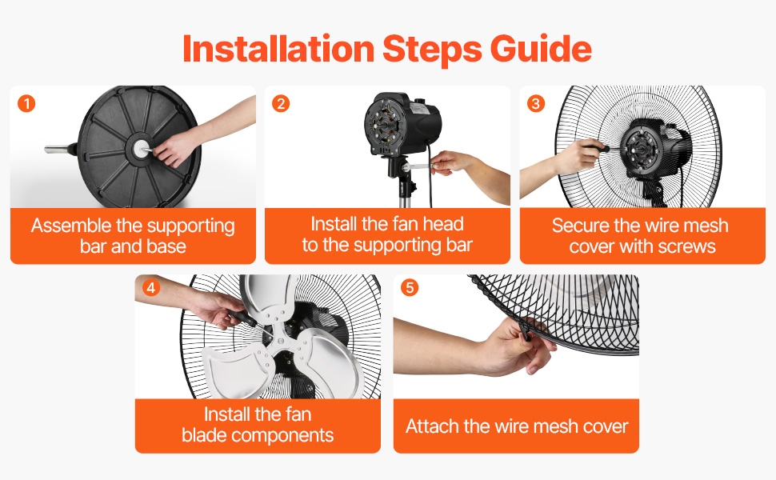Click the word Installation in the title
point(278,49)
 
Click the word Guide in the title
point(541,49)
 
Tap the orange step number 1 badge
point(26,103)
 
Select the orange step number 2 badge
point(281,103)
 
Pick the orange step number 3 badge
point(535,103)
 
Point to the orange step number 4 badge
point(151,287)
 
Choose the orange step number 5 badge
point(410,287)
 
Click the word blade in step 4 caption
point(203,435)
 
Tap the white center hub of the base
point(142,147)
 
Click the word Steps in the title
point(432,49)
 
